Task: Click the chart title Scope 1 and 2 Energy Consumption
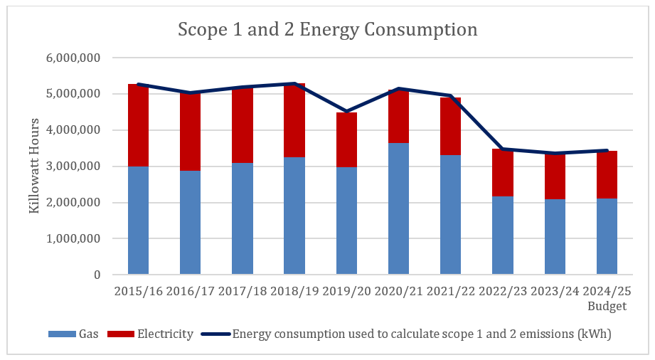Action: click(327, 30)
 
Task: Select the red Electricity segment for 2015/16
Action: click(138, 125)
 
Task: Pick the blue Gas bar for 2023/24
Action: click(555, 237)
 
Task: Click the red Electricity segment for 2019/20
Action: click(346, 140)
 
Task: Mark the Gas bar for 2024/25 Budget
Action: click(607, 237)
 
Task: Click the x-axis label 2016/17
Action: click(190, 292)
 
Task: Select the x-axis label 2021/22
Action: click(450, 292)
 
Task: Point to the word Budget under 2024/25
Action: click(607, 307)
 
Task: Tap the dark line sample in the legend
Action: click(215, 334)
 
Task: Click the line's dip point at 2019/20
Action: click(346, 112)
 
